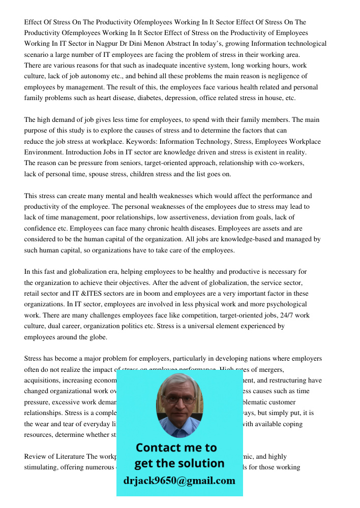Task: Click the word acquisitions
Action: coord(43,380)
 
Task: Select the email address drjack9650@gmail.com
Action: coord(179,481)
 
